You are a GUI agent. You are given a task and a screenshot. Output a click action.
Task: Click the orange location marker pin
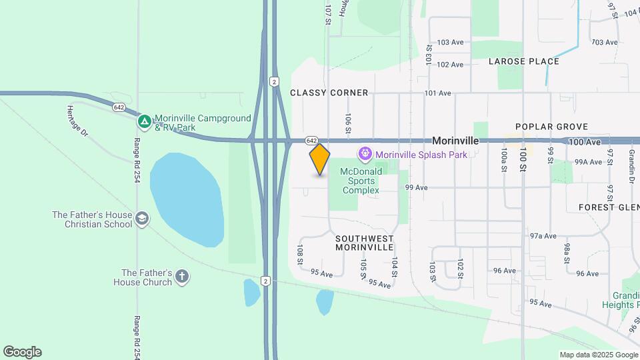coord(320,159)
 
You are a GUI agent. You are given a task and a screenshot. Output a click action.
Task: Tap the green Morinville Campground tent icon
coord(144,122)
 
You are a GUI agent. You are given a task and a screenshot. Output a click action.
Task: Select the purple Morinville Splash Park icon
coord(365,155)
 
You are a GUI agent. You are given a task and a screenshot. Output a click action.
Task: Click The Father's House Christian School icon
coord(141,219)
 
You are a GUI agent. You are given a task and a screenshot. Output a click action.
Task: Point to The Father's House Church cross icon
coord(182,277)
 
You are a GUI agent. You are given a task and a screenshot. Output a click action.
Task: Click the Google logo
coord(22,352)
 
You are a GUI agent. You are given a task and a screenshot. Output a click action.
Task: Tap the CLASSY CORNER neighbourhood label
coord(329,93)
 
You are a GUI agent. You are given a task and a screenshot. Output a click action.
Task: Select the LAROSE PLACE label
coord(523,61)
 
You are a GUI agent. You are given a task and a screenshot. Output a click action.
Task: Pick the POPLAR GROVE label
coord(551,127)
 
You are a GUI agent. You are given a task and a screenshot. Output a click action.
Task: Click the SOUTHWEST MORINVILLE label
coord(364,243)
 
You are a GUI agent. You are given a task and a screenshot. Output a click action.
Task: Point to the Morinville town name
coord(455,141)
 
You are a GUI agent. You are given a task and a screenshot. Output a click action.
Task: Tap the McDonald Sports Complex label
coord(361,181)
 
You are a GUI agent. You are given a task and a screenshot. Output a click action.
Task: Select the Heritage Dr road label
coord(78,121)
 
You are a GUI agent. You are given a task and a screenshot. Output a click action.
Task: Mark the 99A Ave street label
coord(588,162)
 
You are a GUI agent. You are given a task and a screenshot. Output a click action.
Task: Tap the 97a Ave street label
coord(543,236)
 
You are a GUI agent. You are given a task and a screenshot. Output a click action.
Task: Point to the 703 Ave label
coord(605,43)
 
